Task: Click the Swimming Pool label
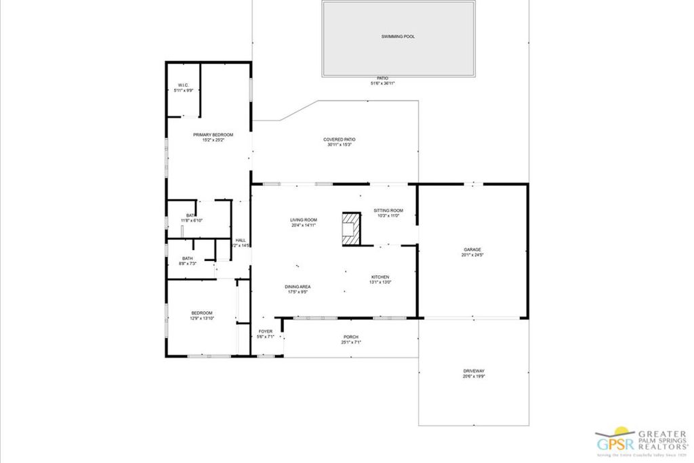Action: [398, 37]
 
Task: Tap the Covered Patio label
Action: [339, 140]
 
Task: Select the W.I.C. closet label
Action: [183, 85]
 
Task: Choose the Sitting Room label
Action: [388, 211]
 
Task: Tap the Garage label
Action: [472, 249]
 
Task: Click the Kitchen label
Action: [380, 277]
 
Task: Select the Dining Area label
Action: [298, 287]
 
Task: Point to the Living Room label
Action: [304, 220]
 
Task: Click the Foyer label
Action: [266, 331]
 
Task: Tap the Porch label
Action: [351, 337]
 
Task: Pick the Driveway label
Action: [474, 371]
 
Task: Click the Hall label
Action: [241, 240]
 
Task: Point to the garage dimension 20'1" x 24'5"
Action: [472, 255]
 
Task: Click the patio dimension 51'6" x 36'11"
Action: [382, 83]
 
